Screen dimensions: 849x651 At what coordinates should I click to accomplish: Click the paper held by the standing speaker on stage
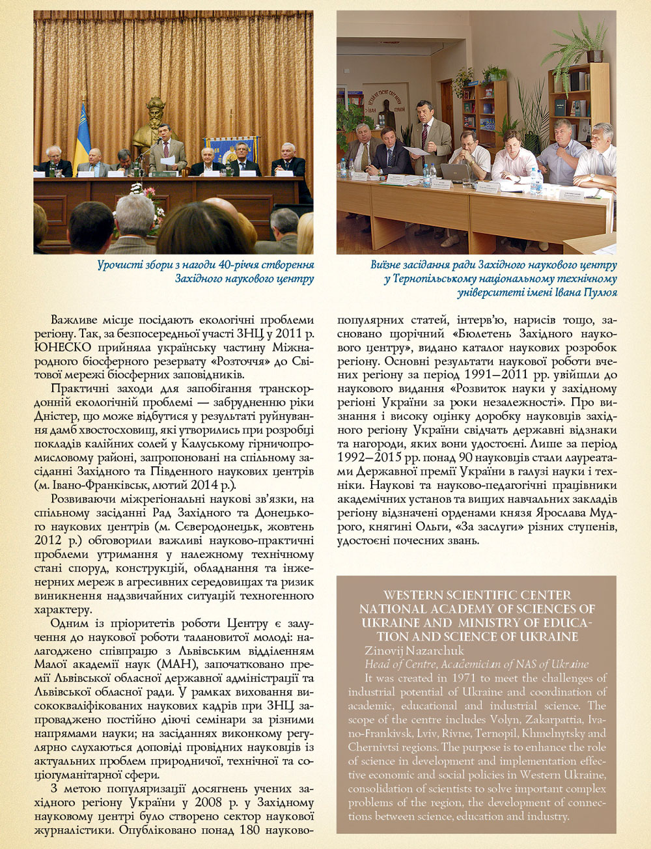(167, 160)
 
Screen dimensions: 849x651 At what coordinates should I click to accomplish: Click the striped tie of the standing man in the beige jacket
(424, 135)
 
